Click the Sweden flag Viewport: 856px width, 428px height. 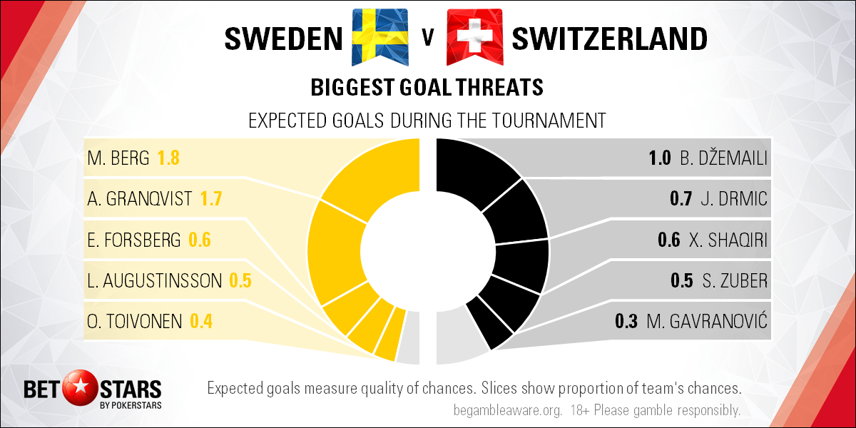point(380,37)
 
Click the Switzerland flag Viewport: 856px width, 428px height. point(475,37)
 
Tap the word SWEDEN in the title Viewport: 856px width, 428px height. point(283,39)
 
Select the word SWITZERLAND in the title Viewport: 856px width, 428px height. point(609,39)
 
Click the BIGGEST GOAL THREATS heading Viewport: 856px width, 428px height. point(427,88)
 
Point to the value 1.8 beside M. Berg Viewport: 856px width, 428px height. point(168,158)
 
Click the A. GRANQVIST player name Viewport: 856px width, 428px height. point(140,199)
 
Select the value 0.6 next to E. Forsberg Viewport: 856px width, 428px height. point(200,240)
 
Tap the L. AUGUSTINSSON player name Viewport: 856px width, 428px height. point(154,281)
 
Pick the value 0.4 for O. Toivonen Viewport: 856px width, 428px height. point(201,322)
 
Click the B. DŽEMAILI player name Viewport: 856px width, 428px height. point(723,158)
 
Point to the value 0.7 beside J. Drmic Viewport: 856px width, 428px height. point(681,199)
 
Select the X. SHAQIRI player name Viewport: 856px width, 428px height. point(728,240)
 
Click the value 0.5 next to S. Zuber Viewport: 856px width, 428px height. point(682,281)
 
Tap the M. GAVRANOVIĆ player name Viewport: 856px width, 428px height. point(707,321)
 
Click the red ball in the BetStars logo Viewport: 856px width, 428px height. point(80,387)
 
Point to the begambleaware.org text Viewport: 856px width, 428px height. point(508,410)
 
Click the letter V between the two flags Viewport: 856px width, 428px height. point(428,38)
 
